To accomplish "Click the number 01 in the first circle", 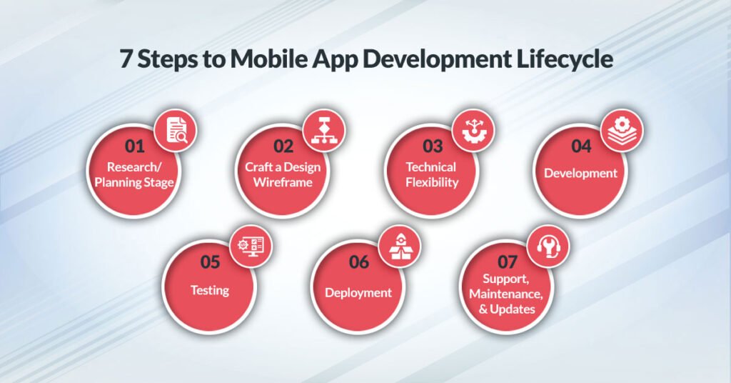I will coord(134,146).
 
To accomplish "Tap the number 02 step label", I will coord(283,146).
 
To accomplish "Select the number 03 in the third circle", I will coord(432,146).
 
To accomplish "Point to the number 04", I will coord(581,146).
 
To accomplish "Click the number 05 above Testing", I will coord(210,262).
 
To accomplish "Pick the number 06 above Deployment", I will coord(358,262).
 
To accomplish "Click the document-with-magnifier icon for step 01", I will coord(176,131).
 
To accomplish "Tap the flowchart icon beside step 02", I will coord(324,131).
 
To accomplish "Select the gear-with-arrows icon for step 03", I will coord(473,131).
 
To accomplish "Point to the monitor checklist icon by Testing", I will coord(251,247).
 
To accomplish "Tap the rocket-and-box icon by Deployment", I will coord(399,247).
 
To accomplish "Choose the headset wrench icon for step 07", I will coord(548,247).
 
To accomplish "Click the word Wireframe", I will coord(283,181).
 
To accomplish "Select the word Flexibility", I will coord(431,181).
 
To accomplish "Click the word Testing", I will coord(210,290).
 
